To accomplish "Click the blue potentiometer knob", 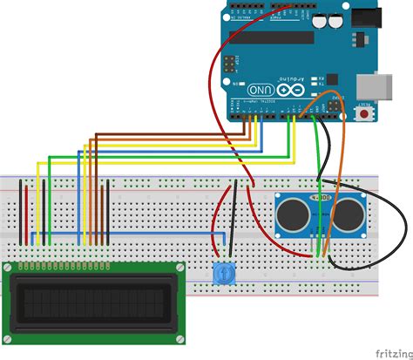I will [223, 274].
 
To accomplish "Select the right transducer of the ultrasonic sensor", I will [351, 210].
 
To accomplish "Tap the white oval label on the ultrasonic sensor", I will [321, 198].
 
